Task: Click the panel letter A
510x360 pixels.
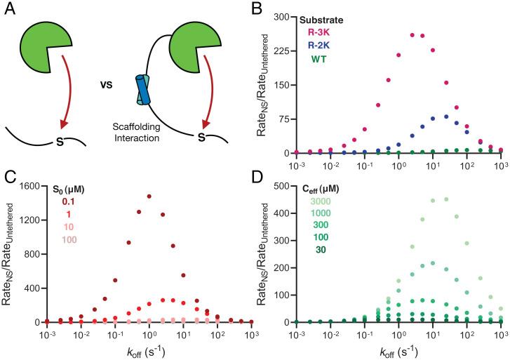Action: click(8, 9)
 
